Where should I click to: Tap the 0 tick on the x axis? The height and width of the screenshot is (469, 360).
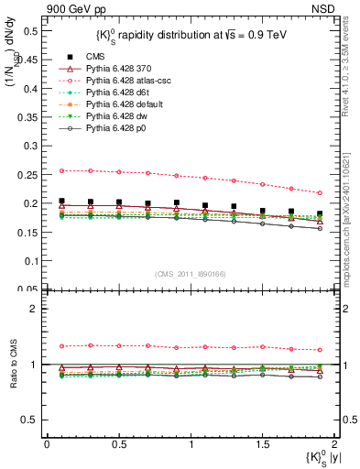pos(47,443)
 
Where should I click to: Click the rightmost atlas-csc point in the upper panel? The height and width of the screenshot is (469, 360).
pos(319,192)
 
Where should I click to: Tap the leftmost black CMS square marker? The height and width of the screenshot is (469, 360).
pos(61,201)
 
